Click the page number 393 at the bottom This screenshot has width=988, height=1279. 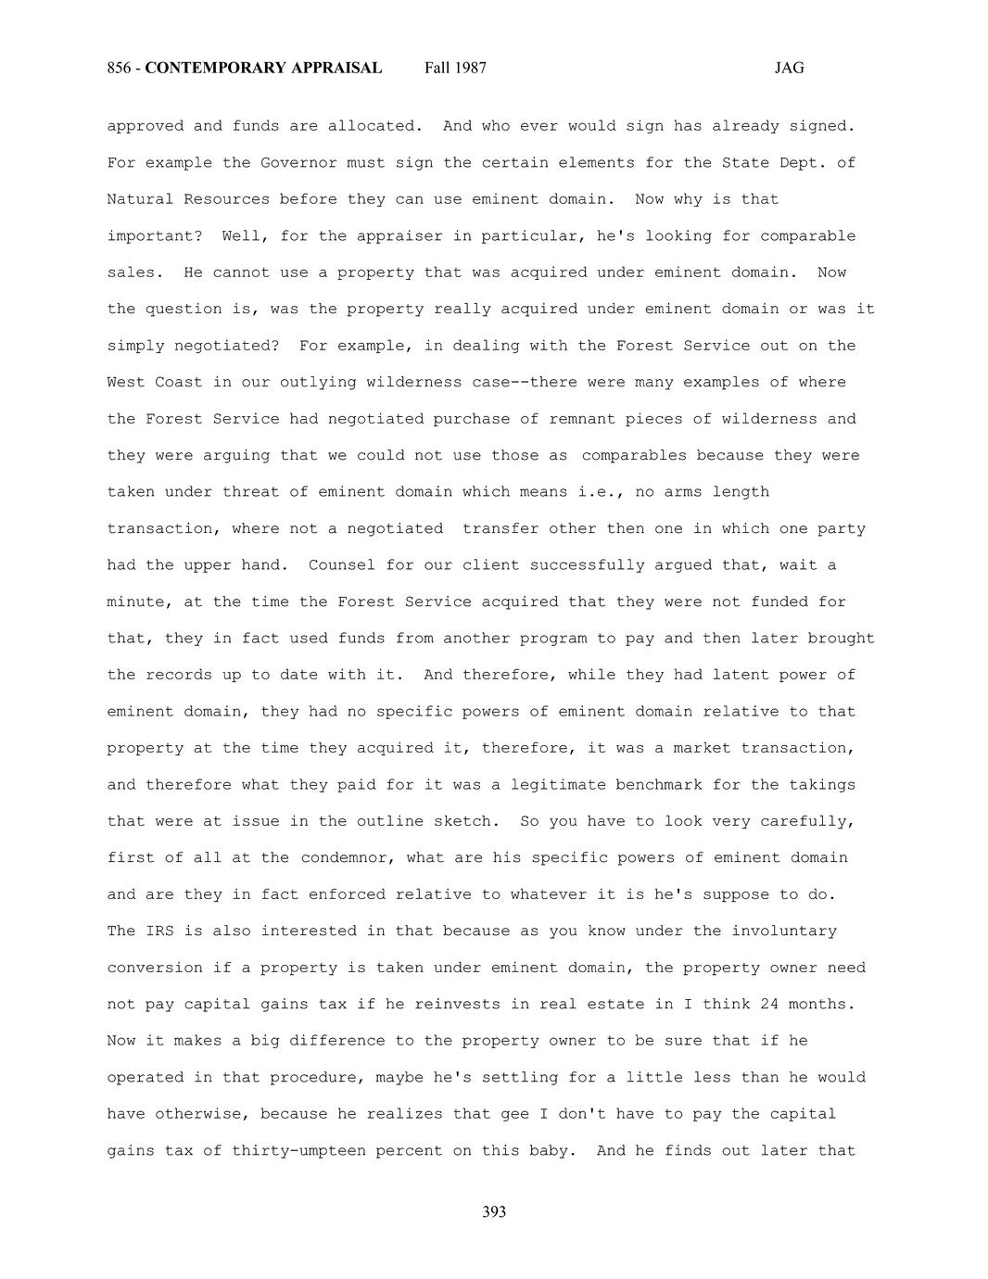[x=494, y=1212]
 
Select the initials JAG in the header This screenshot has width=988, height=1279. [x=789, y=68]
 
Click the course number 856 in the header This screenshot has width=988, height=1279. [x=119, y=68]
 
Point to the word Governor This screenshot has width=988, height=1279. [x=298, y=163]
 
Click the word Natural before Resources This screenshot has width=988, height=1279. [x=140, y=199]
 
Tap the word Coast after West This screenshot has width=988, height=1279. [x=178, y=383]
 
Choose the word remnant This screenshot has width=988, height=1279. [x=578, y=419]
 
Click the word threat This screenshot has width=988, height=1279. [x=250, y=492]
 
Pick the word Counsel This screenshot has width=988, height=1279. [x=342, y=565]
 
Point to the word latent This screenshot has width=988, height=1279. [x=741, y=675]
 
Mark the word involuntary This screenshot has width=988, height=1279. [x=784, y=931]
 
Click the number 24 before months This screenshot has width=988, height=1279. [x=769, y=1005]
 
